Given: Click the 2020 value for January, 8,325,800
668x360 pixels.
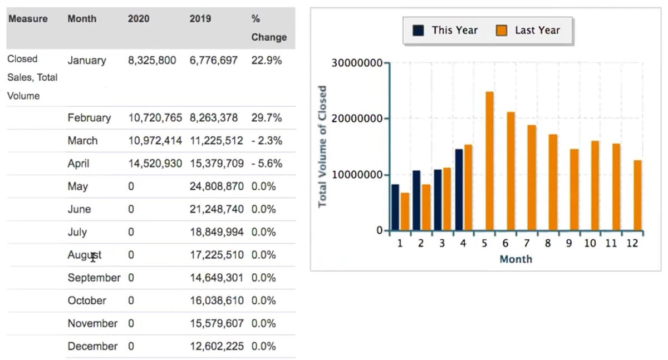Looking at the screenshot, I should [151, 61].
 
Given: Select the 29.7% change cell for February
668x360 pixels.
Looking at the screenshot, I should [266, 118].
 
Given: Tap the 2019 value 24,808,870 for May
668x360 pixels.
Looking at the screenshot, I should [216, 186].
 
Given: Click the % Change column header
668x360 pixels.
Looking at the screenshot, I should [269, 28].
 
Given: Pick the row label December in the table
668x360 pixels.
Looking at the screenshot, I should [92, 346].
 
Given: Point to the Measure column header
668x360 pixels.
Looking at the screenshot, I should [27, 18].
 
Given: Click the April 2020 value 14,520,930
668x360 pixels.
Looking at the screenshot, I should [155, 164].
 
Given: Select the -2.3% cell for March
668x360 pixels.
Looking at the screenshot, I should [266, 141].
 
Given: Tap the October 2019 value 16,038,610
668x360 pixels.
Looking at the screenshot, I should [216, 300].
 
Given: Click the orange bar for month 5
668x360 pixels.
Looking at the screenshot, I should [489, 161].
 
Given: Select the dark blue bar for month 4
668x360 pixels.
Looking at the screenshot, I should [459, 189].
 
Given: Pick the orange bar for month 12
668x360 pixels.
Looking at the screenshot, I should [637, 195].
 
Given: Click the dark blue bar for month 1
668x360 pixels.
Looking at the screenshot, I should [395, 207].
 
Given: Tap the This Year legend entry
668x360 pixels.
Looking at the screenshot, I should [445, 31].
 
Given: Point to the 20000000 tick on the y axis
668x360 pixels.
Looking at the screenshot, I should [356, 119].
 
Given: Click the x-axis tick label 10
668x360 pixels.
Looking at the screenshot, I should [591, 244].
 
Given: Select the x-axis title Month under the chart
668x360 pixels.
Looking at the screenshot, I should [515, 259].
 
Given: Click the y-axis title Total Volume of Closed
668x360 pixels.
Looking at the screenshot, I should [322, 146].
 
